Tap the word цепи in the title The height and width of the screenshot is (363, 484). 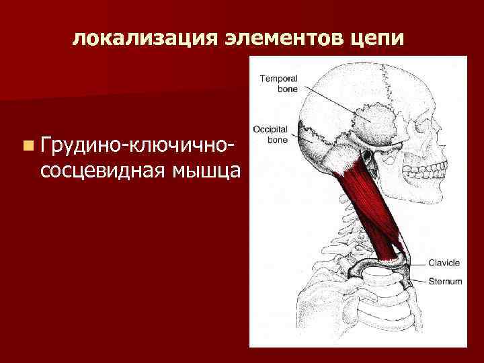click(379, 38)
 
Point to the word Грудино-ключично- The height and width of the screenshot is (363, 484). click(138, 144)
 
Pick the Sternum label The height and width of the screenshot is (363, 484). click(444, 282)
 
